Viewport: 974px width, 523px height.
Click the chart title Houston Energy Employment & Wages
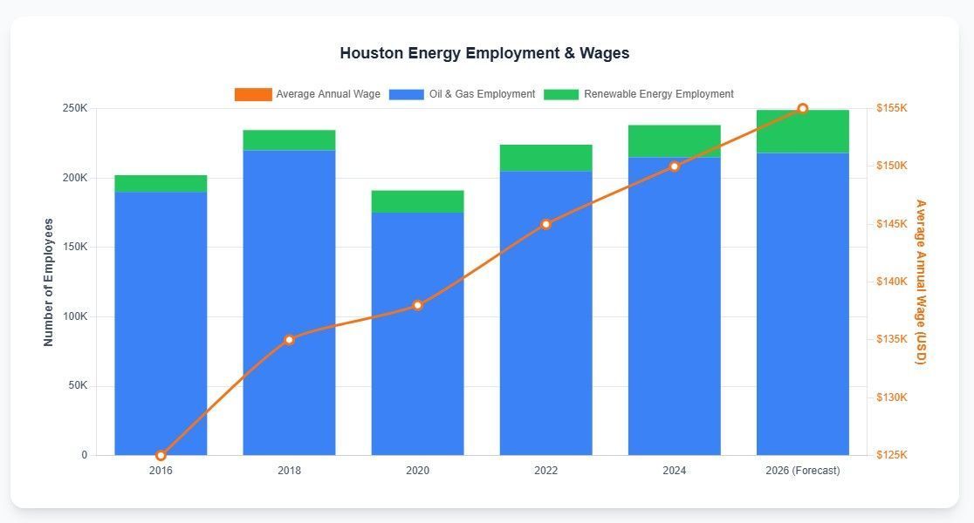(484, 53)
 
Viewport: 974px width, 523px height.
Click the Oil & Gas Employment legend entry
(462, 94)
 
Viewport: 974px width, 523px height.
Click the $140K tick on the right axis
(892, 282)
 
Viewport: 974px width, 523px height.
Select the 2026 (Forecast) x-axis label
(802, 471)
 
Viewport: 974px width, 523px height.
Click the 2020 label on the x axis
(417, 471)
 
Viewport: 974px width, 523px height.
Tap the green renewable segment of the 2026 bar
(802, 132)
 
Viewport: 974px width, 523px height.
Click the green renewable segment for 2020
(417, 201)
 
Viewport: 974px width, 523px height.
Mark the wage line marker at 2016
(161, 455)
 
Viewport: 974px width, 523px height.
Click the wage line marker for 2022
(545, 224)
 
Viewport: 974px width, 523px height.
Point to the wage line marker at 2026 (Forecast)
(802, 109)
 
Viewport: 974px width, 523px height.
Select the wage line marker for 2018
(289, 339)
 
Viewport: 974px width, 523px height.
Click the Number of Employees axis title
(49, 282)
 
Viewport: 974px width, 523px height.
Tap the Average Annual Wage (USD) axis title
(920, 282)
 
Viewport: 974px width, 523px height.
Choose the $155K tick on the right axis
(892, 108)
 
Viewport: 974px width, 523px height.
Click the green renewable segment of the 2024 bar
(674, 141)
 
